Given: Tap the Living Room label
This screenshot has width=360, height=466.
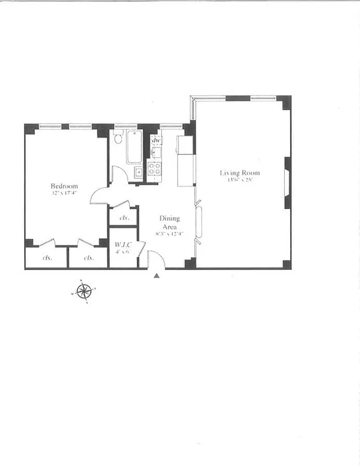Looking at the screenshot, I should pyautogui.click(x=239, y=173).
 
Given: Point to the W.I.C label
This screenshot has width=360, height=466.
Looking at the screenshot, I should pyautogui.click(x=122, y=245).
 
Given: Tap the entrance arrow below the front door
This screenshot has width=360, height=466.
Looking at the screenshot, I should pyautogui.click(x=156, y=276).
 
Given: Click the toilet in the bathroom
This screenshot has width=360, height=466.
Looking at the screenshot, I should pyautogui.click(x=117, y=137).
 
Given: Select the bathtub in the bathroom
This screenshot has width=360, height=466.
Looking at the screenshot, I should pyautogui.click(x=134, y=147).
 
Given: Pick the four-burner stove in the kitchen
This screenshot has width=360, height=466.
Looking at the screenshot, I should pyautogui.click(x=154, y=170).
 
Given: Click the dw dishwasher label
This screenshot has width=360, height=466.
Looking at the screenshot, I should pyautogui.click(x=156, y=140).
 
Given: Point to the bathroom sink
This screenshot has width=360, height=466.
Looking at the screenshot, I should pyautogui.click(x=139, y=172).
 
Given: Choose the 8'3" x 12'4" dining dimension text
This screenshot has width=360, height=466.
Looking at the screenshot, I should pyautogui.click(x=169, y=234).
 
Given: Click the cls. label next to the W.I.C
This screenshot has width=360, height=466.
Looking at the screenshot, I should pyautogui.click(x=123, y=218).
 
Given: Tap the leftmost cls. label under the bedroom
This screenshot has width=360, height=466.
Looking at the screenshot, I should pyautogui.click(x=47, y=257).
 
